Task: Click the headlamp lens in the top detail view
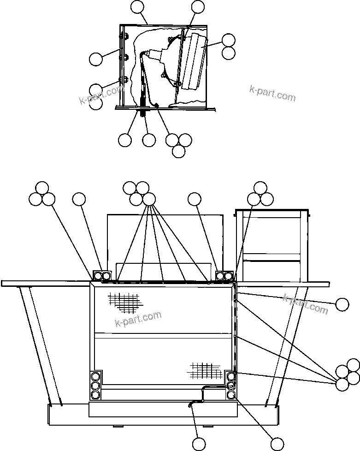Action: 194,61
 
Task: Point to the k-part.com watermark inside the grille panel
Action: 138,319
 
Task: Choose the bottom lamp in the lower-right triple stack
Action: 231,395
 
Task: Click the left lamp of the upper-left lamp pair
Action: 98,276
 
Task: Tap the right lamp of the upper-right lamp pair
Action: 229,276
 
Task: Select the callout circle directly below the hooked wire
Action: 199,444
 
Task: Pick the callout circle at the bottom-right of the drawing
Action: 277,444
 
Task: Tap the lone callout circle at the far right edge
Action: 342,304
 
